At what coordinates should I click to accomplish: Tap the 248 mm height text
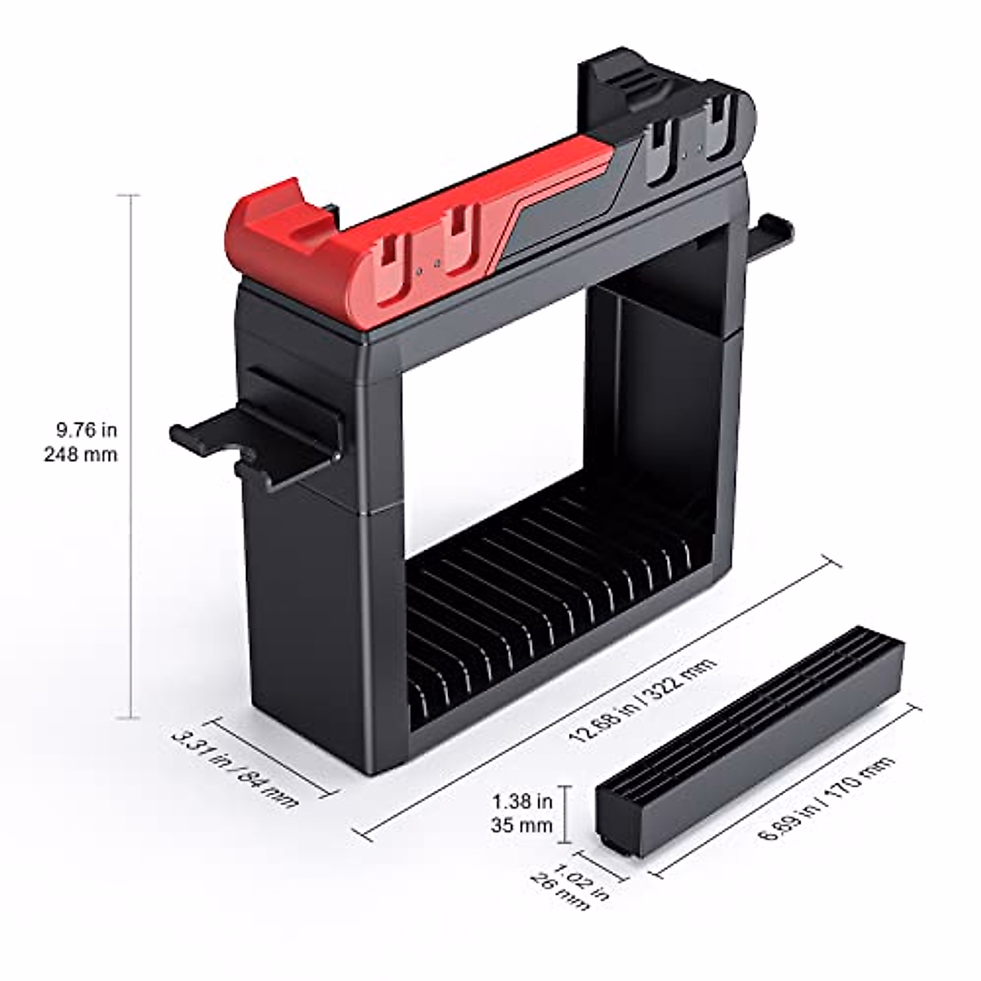coord(80,454)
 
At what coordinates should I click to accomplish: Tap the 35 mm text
coord(522,825)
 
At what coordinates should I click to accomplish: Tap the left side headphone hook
coord(245,441)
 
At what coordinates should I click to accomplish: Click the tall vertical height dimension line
coord(128,458)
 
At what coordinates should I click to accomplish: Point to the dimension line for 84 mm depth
coord(275,756)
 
